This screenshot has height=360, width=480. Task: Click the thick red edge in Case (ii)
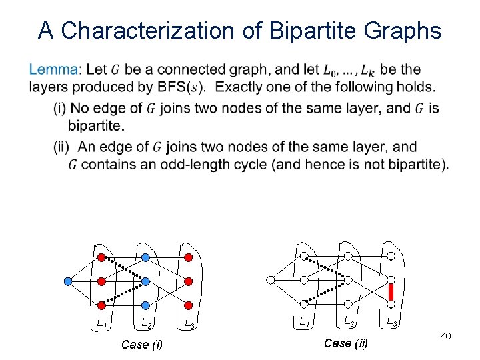(392, 292)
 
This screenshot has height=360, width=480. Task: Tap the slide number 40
(446, 337)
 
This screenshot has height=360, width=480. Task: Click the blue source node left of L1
(67, 281)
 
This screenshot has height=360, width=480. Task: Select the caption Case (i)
(141, 345)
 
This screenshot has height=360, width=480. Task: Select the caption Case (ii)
(345, 343)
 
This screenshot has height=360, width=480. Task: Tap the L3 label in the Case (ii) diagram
(393, 323)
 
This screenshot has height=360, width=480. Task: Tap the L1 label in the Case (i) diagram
(102, 324)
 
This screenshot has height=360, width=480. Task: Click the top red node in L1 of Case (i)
(101, 257)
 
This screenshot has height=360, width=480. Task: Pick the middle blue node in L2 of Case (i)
(145, 281)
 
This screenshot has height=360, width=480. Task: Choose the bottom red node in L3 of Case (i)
(189, 305)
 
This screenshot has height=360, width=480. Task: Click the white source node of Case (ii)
(270, 281)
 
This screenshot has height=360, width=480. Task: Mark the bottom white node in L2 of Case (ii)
(348, 305)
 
